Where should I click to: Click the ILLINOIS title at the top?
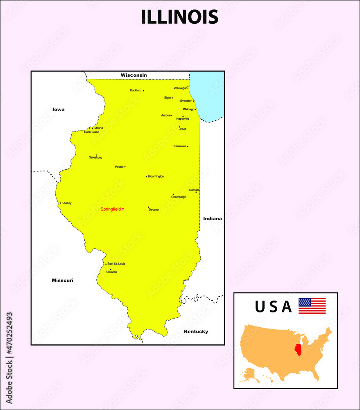click(x=180, y=17)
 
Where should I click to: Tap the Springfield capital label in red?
click(x=111, y=209)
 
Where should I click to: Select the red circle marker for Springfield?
click(x=123, y=209)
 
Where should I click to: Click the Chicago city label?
click(x=188, y=109)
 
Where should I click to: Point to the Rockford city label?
click(x=136, y=90)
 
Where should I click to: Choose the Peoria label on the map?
click(x=119, y=167)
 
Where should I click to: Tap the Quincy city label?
click(x=67, y=203)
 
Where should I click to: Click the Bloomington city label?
click(x=156, y=176)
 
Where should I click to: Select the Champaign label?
click(x=179, y=197)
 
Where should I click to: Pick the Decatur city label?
click(x=154, y=210)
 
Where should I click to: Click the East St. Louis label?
click(x=116, y=264)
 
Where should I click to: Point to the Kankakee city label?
click(x=180, y=146)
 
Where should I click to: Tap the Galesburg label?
click(x=95, y=157)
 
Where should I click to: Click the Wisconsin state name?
click(x=134, y=75)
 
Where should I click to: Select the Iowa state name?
click(x=59, y=109)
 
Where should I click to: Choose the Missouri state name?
click(x=62, y=280)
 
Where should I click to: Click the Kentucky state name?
click(x=196, y=331)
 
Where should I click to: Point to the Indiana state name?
click(x=213, y=219)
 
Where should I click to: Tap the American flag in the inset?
click(x=312, y=306)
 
